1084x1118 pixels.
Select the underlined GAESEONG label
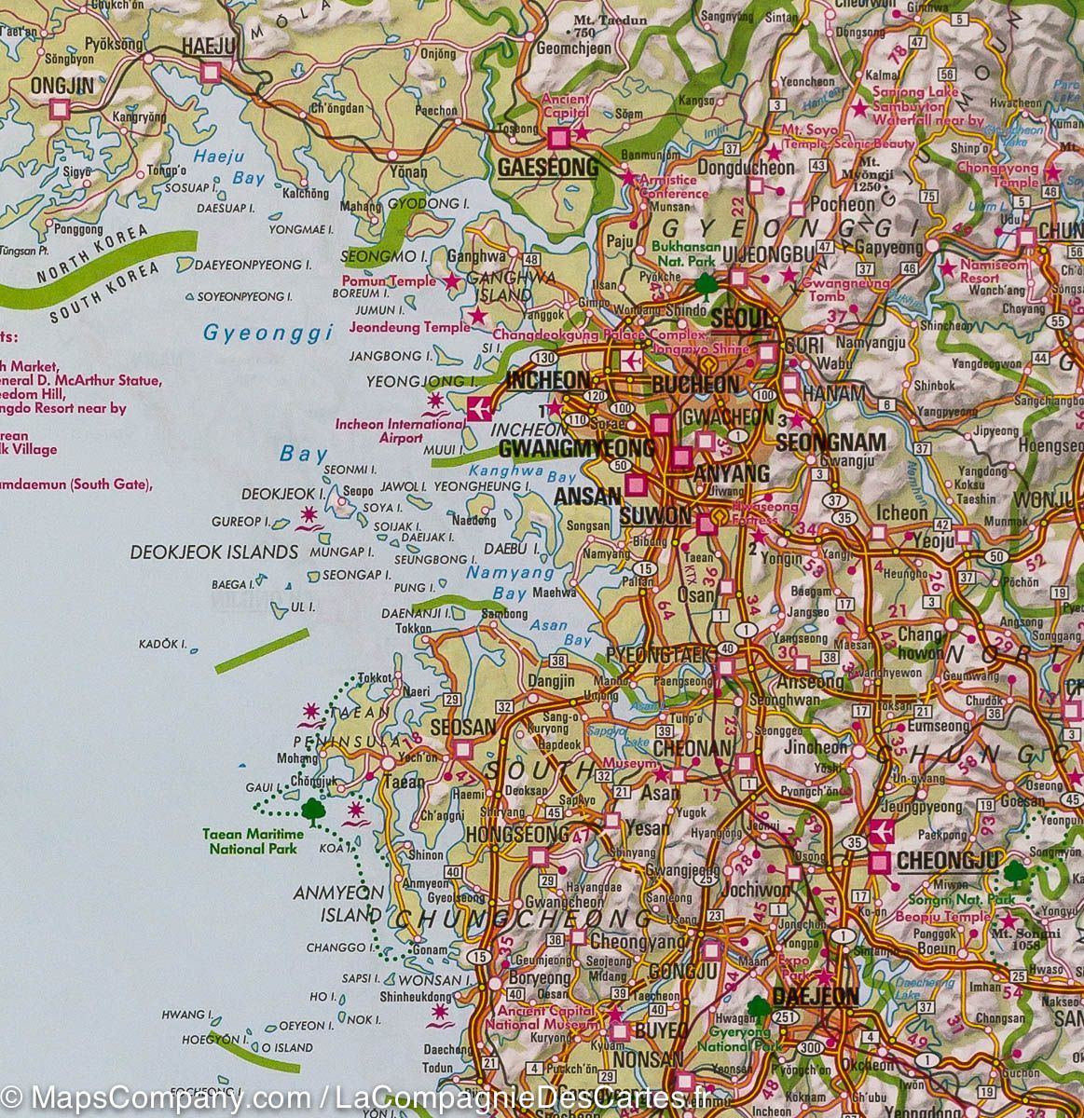click(x=548, y=168)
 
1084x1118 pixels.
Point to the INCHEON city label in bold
click(x=548, y=380)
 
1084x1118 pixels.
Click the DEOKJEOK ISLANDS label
click(x=213, y=552)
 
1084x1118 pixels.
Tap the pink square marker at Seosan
click(x=462, y=748)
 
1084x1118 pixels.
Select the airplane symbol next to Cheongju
click(x=880, y=831)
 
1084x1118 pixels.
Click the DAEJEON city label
click(x=815, y=996)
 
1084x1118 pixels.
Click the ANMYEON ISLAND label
click(x=337, y=904)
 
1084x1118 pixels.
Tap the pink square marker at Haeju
click(x=212, y=71)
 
